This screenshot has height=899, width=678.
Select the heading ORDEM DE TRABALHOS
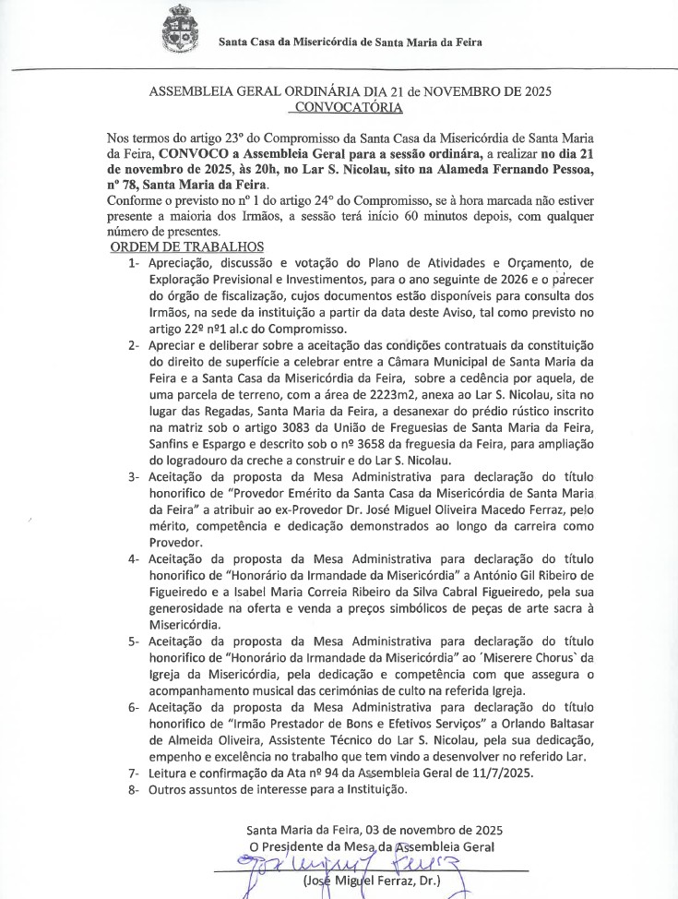tap(187, 247)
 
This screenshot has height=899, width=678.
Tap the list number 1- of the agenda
tap(134, 264)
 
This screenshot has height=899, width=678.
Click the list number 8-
tap(134, 789)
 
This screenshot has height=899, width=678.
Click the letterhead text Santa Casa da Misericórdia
tap(350, 42)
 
